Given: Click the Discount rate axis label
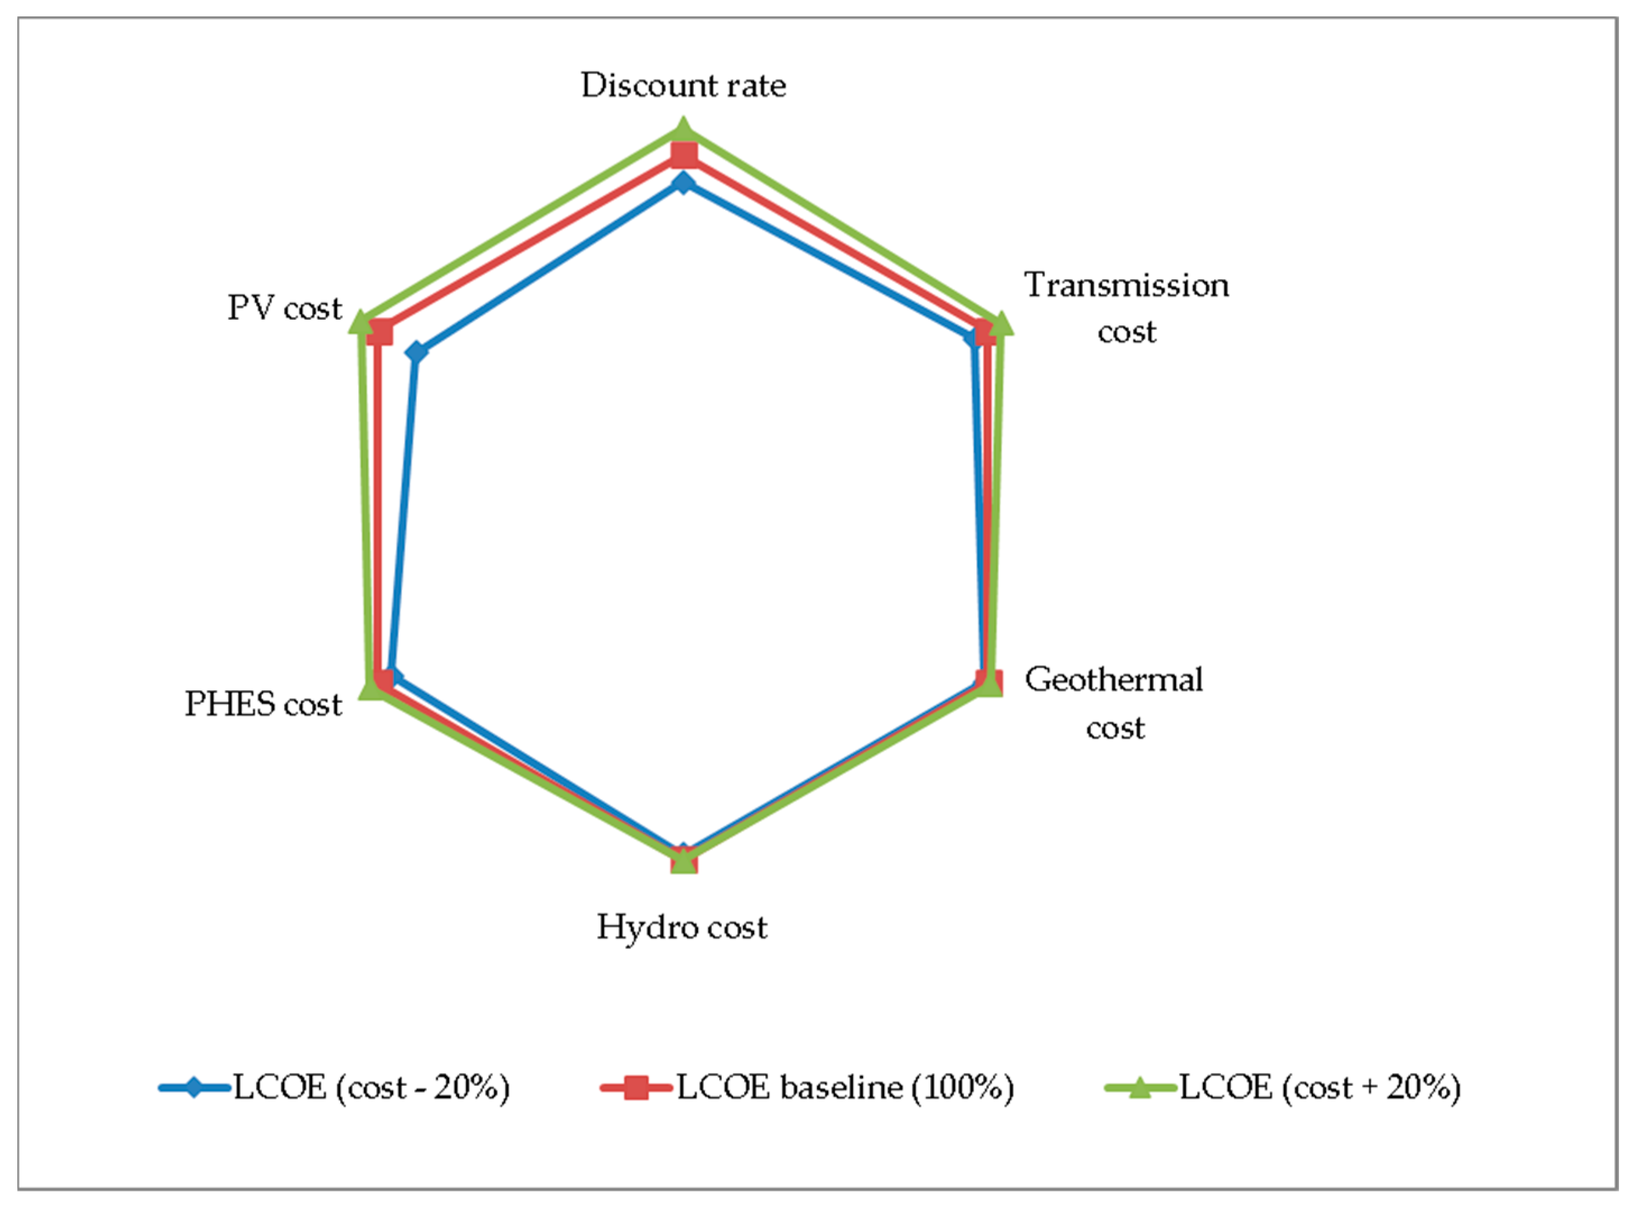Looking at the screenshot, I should click(x=684, y=85).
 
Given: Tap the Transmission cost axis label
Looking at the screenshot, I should click(x=1126, y=307).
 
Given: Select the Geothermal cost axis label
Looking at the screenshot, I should click(x=1114, y=702).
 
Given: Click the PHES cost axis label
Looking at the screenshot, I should click(x=263, y=703).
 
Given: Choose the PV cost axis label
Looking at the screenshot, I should click(x=284, y=307).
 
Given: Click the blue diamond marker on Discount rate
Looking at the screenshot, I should click(x=684, y=183).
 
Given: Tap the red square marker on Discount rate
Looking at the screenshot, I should click(x=684, y=155).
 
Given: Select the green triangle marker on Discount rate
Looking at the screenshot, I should click(x=684, y=130).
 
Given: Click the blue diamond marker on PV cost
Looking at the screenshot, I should click(x=416, y=352).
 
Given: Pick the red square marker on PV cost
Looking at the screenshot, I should click(x=380, y=333).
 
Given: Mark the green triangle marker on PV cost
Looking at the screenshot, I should click(x=359, y=322).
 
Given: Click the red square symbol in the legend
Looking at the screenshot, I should click(x=636, y=1088).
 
